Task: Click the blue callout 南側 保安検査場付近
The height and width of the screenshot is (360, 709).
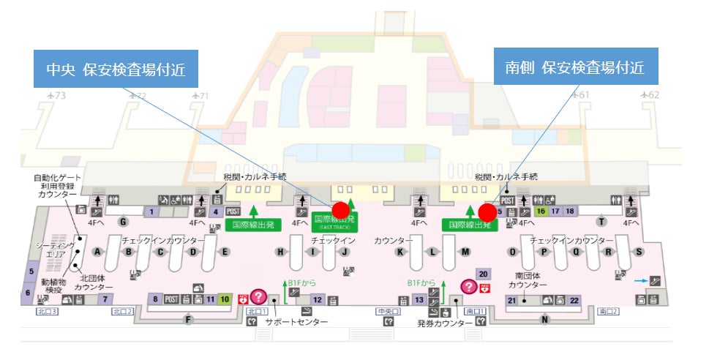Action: pos(576,67)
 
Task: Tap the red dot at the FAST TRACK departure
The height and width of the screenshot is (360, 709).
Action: pos(341,211)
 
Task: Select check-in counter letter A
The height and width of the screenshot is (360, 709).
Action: pos(97,252)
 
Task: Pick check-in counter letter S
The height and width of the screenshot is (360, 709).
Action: pos(639,252)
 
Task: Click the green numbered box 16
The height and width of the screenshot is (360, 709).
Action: pos(541,211)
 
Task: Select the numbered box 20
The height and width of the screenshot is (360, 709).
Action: pos(483,274)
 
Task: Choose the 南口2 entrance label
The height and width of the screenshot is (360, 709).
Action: pos(608,312)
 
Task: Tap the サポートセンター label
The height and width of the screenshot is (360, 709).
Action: pos(296,321)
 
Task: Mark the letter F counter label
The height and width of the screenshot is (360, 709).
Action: pos(189,320)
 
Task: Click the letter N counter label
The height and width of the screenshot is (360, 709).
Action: pos(544,319)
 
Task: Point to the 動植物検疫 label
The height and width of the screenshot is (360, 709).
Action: pos(53,286)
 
